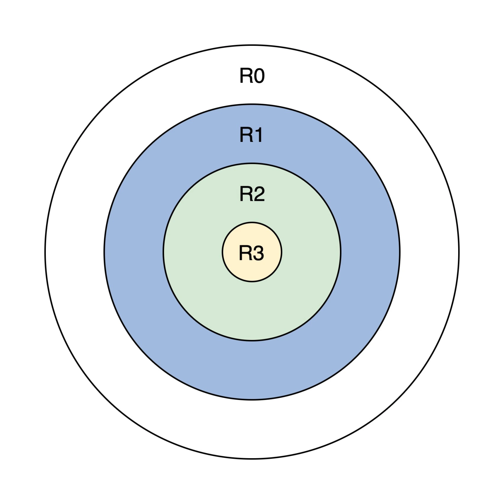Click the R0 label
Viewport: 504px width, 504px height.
(x=252, y=75)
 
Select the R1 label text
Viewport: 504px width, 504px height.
(x=251, y=135)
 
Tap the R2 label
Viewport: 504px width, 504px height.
(x=252, y=194)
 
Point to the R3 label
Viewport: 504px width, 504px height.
(x=251, y=253)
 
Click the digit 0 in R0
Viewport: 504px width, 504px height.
(x=259, y=75)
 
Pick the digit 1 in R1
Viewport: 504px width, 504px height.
(x=258, y=135)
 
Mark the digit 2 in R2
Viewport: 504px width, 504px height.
(x=259, y=194)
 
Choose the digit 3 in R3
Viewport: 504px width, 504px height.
(x=258, y=253)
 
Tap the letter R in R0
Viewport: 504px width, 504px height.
(x=246, y=75)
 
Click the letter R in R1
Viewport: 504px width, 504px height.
(x=245, y=135)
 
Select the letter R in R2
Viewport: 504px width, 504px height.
(x=246, y=194)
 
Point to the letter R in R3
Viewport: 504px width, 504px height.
(x=245, y=253)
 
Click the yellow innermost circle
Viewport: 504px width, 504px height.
(x=252, y=270)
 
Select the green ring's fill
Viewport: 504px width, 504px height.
(x=252, y=310)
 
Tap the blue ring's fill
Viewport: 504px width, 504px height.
(x=252, y=371)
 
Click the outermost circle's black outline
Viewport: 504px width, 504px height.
(x=252, y=459)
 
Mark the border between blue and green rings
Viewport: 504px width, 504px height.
(x=252, y=340)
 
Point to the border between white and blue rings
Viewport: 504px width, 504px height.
(x=252, y=400)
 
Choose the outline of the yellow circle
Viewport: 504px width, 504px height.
(x=252, y=281)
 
